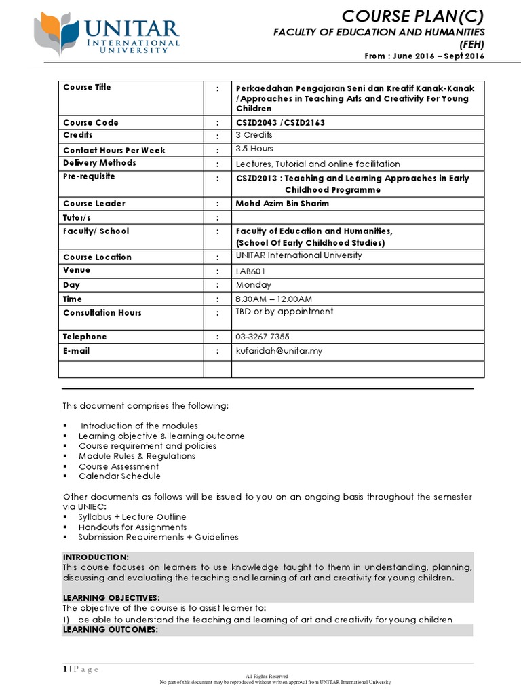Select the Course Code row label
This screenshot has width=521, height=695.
[x=90, y=123]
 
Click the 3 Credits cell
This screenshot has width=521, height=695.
[x=254, y=135]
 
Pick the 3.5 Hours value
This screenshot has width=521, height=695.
[x=254, y=149]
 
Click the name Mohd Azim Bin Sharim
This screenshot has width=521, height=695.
[x=282, y=204]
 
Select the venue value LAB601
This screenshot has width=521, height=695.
[x=250, y=271]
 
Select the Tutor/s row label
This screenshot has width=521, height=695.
[x=77, y=217]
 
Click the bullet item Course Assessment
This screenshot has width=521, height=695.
[x=119, y=466]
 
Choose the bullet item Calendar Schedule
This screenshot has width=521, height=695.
[x=119, y=476]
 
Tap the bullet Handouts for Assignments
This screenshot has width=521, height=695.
[x=132, y=527]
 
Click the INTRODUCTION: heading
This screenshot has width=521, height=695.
[x=95, y=557]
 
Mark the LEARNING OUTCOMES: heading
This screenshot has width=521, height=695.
[x=110, y=629]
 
